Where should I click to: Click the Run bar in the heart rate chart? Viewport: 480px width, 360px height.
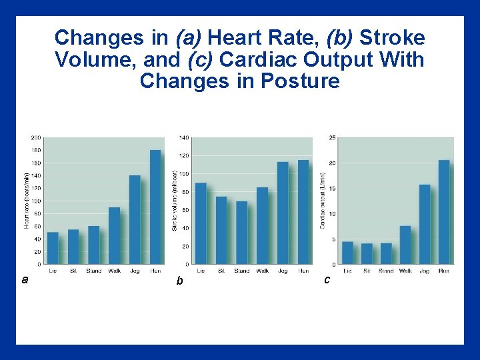click(155, 207)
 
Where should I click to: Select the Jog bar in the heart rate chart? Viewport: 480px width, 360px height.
click(135, 219)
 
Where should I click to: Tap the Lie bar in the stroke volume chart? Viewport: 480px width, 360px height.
click(201, 223)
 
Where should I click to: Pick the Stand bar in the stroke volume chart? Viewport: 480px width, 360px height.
click(241, 233)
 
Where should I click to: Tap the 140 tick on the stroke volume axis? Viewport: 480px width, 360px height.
click(183, 138)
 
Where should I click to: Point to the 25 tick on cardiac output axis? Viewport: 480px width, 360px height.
click(331, 138)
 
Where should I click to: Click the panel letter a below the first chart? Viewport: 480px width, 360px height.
click(25, 280)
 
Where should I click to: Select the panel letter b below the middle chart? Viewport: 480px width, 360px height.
click(179, 281)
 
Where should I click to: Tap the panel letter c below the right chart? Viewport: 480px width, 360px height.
click(327, 280)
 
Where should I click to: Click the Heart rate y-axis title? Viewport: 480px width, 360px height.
click(27, 201)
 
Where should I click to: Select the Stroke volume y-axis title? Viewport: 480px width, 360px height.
click(175, 201)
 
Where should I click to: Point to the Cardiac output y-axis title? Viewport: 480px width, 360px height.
click(323, 201)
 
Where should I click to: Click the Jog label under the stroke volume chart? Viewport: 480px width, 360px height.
click(283, 271)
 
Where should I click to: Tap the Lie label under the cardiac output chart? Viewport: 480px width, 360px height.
click(347, 271)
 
